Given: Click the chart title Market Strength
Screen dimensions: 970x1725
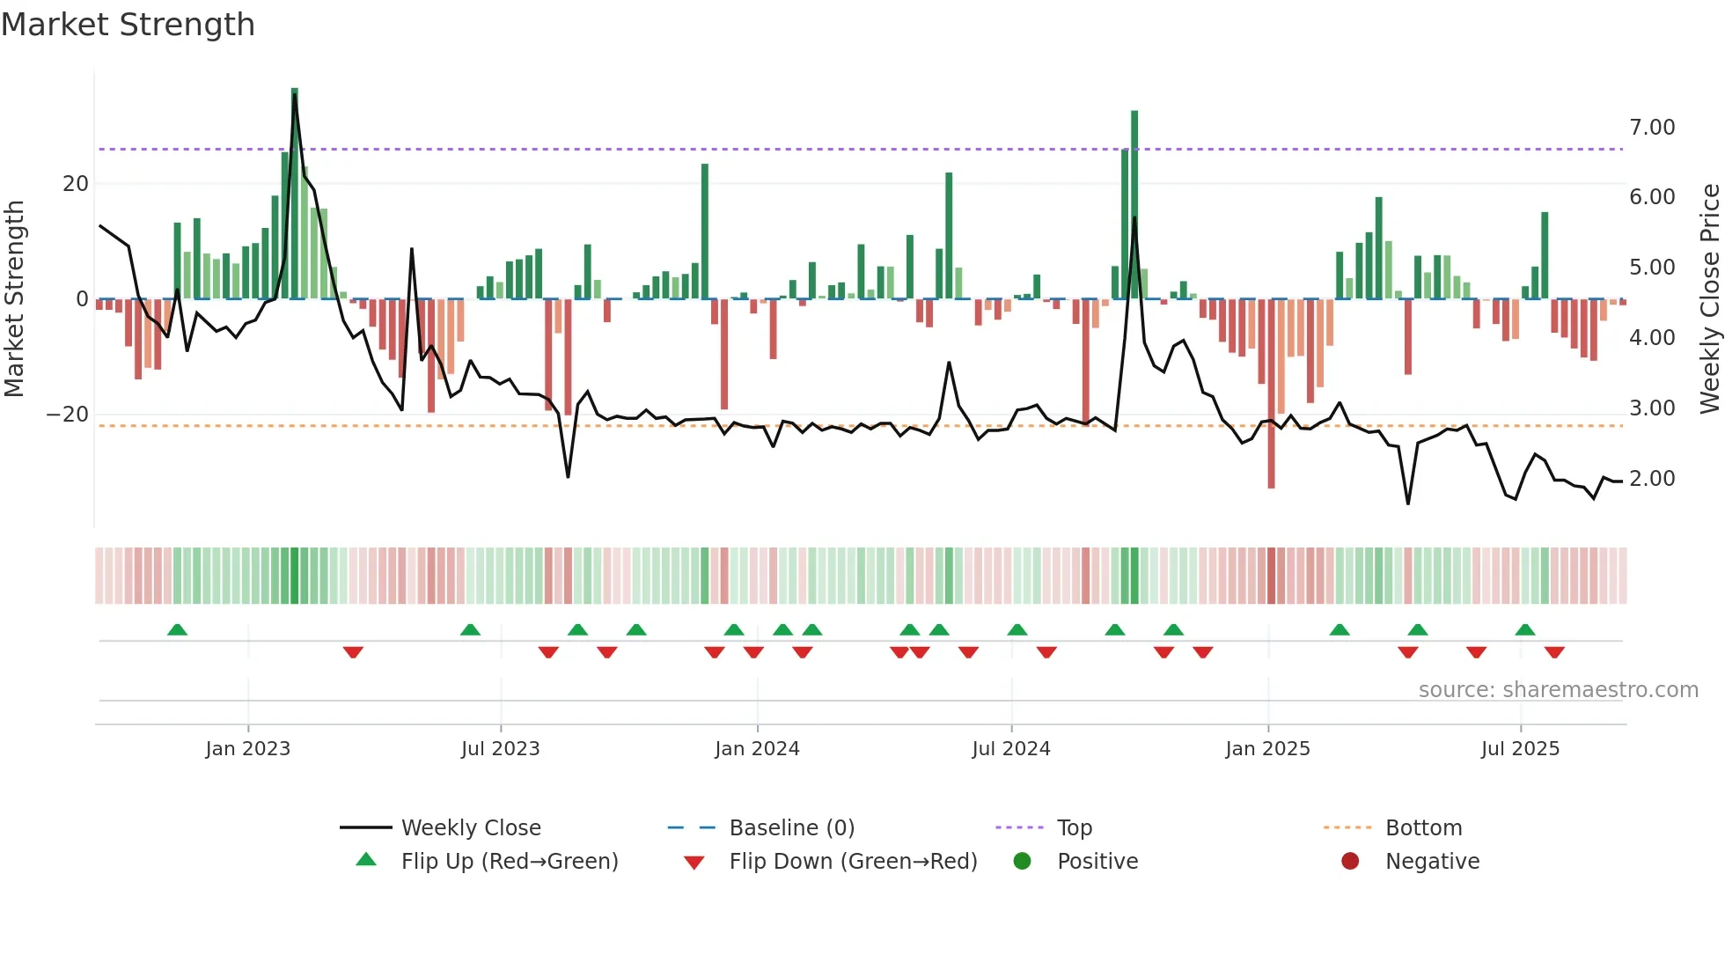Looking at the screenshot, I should (128, 25).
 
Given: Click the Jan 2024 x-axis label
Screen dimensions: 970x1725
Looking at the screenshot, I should (757, 749).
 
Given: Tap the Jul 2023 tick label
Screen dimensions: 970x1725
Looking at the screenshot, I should (500, 749).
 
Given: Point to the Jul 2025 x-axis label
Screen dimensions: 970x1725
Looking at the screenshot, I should (1520, 749).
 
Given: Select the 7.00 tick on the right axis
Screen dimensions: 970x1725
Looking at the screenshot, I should (1652, 128).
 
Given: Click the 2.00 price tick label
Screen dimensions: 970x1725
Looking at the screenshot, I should (1652, 479).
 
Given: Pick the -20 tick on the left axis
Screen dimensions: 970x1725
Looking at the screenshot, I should (68, 415).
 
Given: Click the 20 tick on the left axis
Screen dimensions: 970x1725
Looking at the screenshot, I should (76, 184).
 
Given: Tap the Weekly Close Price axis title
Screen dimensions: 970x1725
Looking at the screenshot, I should (1709, 299).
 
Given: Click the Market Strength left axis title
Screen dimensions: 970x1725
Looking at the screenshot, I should (15, 299).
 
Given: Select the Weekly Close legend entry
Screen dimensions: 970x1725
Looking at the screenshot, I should (471, 828).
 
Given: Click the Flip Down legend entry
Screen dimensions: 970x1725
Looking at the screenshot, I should (853, 862).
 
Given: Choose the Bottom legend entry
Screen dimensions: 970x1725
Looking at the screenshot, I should (1423, 828).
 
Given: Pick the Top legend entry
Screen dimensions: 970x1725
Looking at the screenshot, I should (1074, 828).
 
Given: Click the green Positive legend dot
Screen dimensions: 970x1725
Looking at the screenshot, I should (1022, 862).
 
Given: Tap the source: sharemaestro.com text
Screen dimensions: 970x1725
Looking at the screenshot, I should (1558, 690).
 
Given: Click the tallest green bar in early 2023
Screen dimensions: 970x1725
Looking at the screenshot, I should (295, 194).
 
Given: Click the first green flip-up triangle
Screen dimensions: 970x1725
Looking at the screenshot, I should (177, 629).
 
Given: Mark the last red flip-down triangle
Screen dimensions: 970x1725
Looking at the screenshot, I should (1554, 652).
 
